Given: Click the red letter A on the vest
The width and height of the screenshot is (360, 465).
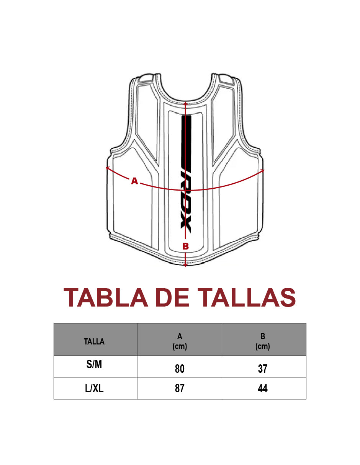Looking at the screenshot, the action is point(134,181).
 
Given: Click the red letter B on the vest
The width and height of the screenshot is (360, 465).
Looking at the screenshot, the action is point(186,246).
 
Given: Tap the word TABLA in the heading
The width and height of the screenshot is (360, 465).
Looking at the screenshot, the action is point(106,297).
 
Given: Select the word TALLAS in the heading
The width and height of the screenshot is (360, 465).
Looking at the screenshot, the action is point(247,297).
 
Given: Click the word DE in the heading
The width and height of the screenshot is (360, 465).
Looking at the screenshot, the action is point(172,297).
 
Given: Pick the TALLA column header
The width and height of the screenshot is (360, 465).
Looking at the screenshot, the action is point(94,341).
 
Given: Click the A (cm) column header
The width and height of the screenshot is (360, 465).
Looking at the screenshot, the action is point(180,341).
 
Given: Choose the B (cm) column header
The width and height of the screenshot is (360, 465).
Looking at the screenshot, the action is point(263,341).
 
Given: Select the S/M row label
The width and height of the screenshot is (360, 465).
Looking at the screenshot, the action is point(94,364).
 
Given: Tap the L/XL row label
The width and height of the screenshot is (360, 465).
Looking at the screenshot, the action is point(94,388).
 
